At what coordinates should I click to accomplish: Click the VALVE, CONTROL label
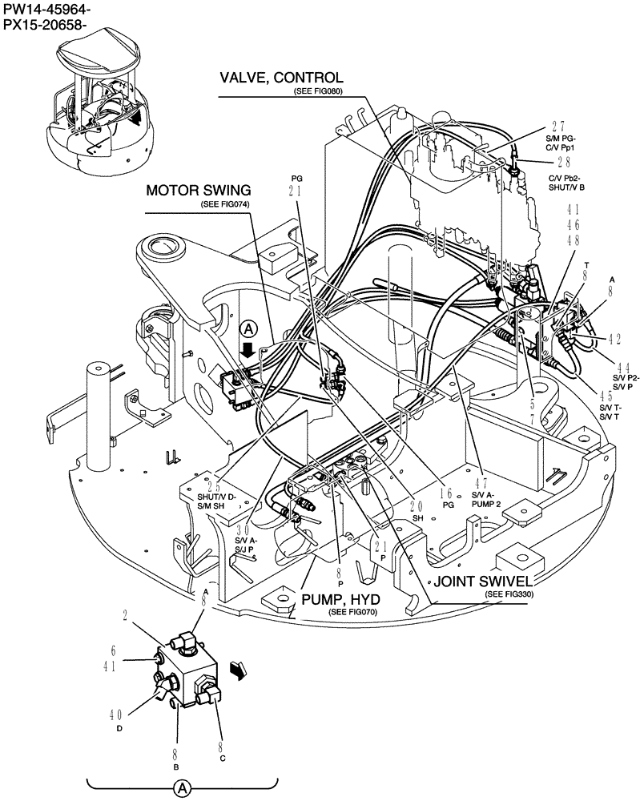pyautogui.click(x=282, y=78)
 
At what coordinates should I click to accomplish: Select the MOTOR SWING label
pyautogui.click(x=198, y=191)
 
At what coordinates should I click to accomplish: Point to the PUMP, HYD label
pyautogui.click(x=340, y=599)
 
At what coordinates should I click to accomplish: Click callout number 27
pyautogui.click(x=558, y=127)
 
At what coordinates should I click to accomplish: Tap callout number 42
pyautogui.click(x=614, y=339)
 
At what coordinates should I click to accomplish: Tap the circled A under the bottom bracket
pyautogui.click(x=182, y=789)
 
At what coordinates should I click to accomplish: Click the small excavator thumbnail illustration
pyautogui.click(x=99, y=107)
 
